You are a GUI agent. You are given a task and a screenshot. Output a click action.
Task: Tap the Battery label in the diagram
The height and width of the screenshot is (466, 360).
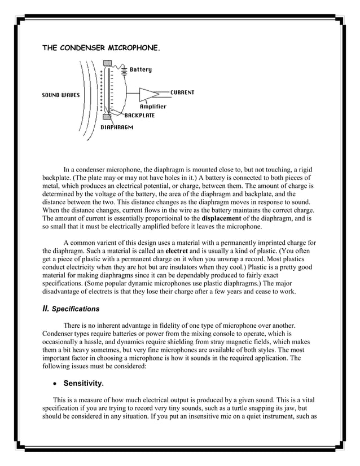pyautogui.click(x=141, y=70)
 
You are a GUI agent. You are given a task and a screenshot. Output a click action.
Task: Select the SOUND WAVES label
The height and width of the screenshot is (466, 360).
pyautogui.click(x=61, y=95)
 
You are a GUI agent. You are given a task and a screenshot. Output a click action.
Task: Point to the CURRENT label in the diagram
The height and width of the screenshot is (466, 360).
pyautogui.click(x=182, y=93)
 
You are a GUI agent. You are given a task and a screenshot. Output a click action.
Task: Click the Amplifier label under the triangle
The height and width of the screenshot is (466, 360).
pyautogui.click(x=153, y=107)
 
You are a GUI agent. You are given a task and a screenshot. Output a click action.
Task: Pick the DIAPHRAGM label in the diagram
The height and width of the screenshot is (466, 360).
pyautogui.click(x=117, y=128)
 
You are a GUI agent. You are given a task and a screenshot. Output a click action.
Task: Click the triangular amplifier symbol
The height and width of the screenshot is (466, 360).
pyautogui.click(x=148, y=94)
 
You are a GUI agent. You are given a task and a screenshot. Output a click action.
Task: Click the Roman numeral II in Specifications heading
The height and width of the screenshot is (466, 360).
pyautogui.click(x=46, y=309)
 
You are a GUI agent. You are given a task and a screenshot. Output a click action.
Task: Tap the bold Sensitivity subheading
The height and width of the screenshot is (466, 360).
pyautogui.click(x=84, y=384)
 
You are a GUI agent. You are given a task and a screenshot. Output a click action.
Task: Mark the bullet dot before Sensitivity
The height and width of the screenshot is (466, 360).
pyautogui.click(x=54, y=384)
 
